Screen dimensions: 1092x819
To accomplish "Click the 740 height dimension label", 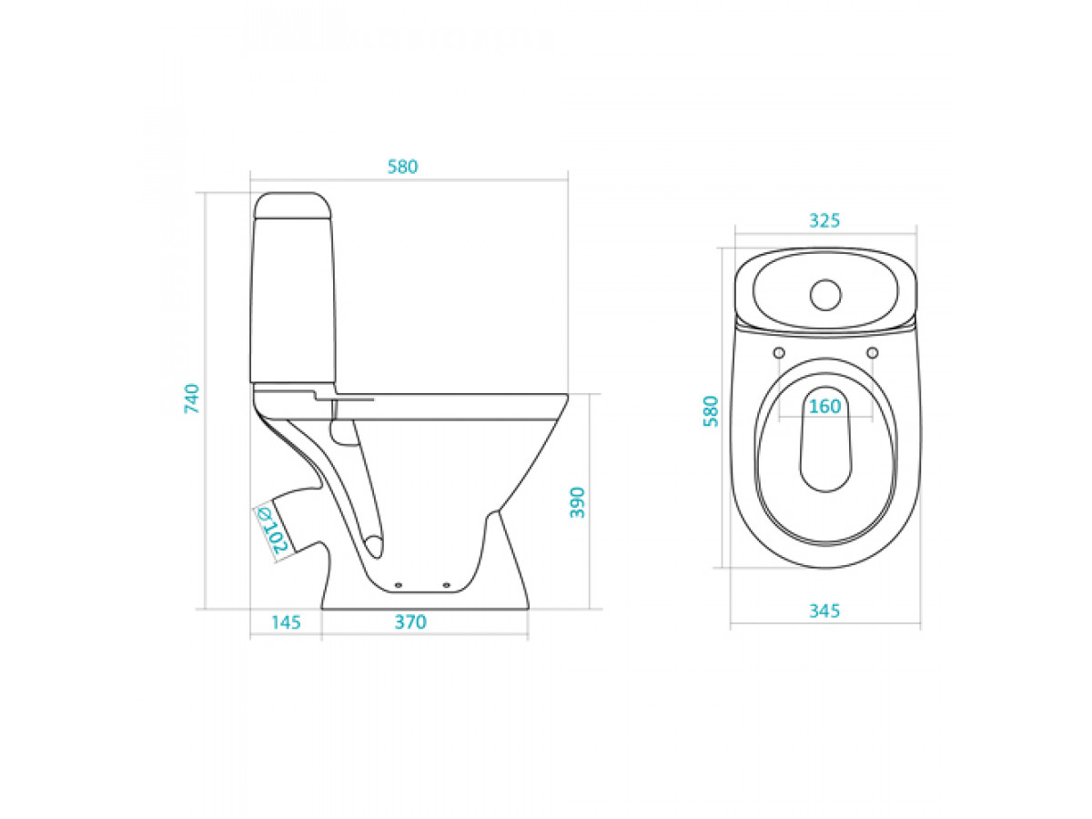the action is [x=191, y=399].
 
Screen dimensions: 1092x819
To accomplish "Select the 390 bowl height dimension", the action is [x=577, y=502].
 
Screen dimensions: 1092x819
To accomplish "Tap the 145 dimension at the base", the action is [x=286, y=622].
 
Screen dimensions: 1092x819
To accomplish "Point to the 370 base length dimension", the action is [x=410, y=622].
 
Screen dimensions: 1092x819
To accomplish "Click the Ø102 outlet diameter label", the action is [x=272, y=531].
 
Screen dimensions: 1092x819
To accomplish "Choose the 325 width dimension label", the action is [x=824, y=220].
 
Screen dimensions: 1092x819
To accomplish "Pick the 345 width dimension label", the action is [x=824, y=611].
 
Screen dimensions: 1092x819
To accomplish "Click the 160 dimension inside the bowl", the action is [x=824, y=406].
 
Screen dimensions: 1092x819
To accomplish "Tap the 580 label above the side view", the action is [x=402, y=167].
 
